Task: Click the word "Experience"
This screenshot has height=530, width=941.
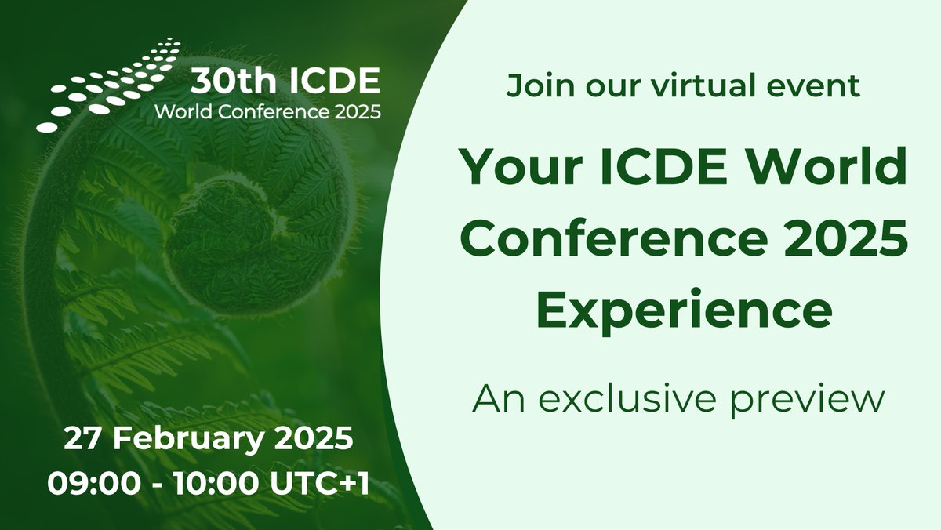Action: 683,309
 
